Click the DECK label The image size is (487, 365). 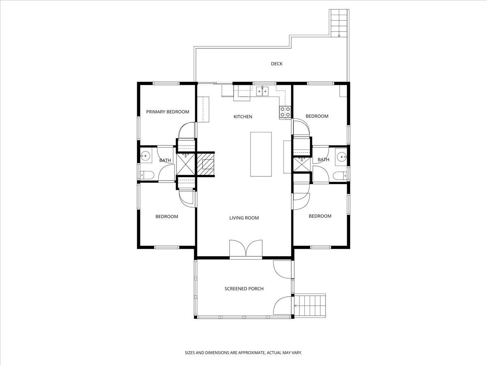click(x=277, y=64)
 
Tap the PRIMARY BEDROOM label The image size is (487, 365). click(x=168, y=112)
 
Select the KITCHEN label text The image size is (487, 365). click(x=243, y=116)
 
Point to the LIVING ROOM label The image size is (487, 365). click(x=244, y=218)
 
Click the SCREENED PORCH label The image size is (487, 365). click(x=244, y=288)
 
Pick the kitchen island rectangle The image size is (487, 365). click(x=261, y=154)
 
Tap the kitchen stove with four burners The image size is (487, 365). click(x=285, y=112)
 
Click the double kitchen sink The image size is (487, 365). click(x=262, y=91)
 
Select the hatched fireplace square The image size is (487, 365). click(x=206, y=164)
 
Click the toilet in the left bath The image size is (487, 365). click(x=147, y=175)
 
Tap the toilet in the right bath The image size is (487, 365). click(x=340, y=176)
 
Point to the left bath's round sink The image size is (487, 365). click(x=145, y=156)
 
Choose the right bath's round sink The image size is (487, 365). click(x=342, y=157)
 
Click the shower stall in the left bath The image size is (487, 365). click(x=186, y=164)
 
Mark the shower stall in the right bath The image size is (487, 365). click(x=302, y=165)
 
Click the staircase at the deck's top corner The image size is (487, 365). click(x=339, y=23)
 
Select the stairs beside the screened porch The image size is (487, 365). click(x=310, y=306)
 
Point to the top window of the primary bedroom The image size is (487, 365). click(x=166, y=83)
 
